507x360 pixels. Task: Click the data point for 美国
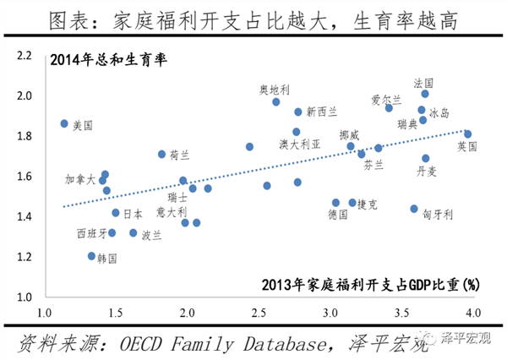(64, 123)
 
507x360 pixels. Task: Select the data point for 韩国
(92, 256)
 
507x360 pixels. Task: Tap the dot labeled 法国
(425, 94)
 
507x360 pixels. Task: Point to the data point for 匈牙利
(414, 209)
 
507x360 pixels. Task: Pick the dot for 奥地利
(276, 102)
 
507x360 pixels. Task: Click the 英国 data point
(467, 134)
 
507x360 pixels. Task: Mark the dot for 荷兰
(162, 155)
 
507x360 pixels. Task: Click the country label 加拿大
(81, 179)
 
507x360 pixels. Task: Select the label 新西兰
(322, 112)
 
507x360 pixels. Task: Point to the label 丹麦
(428, 171)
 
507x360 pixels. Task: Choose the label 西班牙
(92, 232)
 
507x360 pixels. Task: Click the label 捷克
(368, 204)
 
